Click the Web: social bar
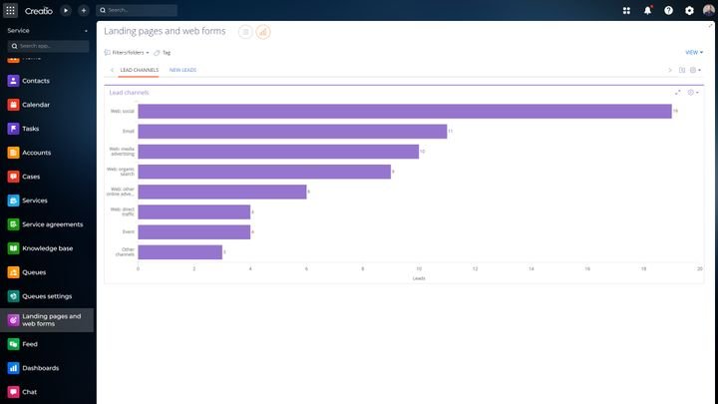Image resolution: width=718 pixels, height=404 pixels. coord(404,111)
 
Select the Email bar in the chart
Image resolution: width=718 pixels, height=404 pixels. coord(291,131)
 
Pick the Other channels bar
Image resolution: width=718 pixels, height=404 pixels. coord(179,251)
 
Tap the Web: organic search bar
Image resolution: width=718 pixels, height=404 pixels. coord(263,172)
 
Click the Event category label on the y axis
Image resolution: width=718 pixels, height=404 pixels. coord(128,231)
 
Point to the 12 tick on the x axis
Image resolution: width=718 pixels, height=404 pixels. coord(475,269)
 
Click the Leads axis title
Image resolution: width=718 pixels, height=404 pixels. coord(419,278)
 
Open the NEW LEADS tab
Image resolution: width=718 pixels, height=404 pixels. coord(182,70)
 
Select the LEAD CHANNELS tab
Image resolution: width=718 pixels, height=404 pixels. coord(139,70)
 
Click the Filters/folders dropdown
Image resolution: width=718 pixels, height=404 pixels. coord(127,52)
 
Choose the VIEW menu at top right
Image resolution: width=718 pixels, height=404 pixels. coord(694,52)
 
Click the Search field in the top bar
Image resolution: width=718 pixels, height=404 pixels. coord(140,10)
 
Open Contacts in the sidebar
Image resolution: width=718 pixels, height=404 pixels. coord(36,81)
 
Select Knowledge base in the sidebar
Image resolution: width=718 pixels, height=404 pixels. coord(47,248)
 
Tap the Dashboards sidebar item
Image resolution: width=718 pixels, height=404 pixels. coord(40,368)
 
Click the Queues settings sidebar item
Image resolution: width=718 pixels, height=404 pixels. coord(47,296)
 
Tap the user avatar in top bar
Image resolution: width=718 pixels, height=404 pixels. coord(708,10)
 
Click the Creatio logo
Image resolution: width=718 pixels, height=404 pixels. coord(38,10)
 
